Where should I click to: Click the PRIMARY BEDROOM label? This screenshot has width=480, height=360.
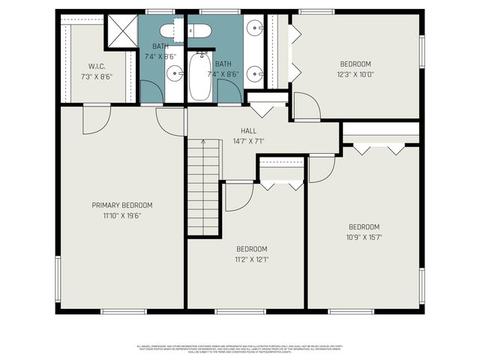121,205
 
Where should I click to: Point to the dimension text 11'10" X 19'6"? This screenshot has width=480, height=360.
121,215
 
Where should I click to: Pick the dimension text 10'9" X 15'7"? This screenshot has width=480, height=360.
364,238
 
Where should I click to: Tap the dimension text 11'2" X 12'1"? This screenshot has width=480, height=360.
252,259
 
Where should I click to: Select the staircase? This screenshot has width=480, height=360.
202,187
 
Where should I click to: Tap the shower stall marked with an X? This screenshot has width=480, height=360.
121,30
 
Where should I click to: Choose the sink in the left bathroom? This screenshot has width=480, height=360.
174,73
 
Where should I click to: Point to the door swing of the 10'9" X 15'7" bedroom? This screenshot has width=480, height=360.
320,169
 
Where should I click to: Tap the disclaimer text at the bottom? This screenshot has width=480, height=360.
239,349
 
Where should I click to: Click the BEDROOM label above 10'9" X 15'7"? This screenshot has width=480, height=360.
364,227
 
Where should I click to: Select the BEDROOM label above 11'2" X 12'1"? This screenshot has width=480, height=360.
252,249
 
